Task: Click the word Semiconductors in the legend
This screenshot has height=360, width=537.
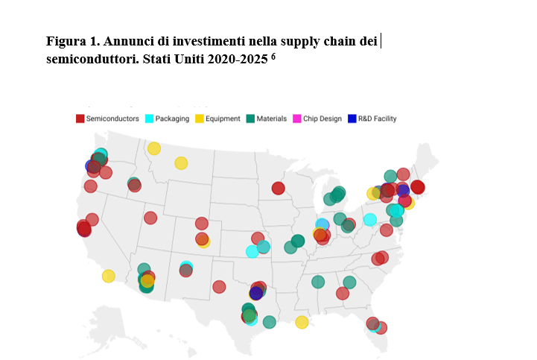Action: tap(112, 119)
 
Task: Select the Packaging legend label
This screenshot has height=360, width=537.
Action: tap(172, 119)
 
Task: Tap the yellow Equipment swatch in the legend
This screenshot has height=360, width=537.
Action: tap(200, 119)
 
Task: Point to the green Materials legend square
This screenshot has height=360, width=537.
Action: tap(251, 119)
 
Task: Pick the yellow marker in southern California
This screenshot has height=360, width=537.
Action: tap(109, 276)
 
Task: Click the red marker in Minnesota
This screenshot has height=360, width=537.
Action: tap(279, 188)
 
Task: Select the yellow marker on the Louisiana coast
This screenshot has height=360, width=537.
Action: tap(302, 322)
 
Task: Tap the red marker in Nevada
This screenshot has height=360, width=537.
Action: tap(150, 218)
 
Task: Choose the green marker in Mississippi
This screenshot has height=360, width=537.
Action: tap(318, 282)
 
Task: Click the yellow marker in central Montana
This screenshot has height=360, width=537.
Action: tap(181, 162)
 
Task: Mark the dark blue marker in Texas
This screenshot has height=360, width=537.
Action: tap(256, 293)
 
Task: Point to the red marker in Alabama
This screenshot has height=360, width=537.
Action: tap(343, 293)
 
